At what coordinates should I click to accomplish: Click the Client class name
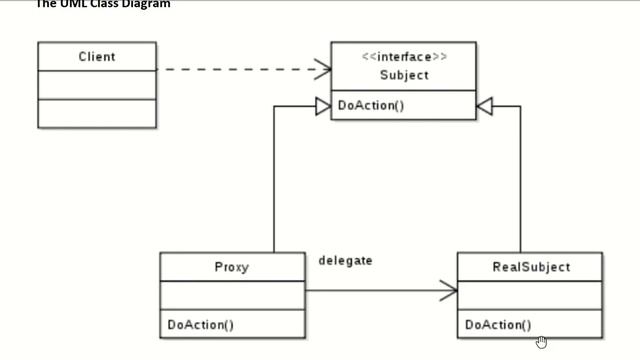pyautogui.click(x=97, y=57)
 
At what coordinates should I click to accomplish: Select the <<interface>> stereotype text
pyautogui.click(x=404, y=57)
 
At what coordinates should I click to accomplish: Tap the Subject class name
pyautogui.click(x=404, y=75)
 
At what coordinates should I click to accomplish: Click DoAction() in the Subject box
pyautogui.click(x=371, y=105)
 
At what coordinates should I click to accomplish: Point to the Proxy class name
pyautogui.click(x=232, y=267)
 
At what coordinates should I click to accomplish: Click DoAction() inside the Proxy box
pyautogui.click(x=200, y=324)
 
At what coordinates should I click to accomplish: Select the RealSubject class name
pyautogui.click(x=531, y=267)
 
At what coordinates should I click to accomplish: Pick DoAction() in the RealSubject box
pyautogui.click(x=498, y=324)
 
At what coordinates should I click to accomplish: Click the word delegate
pyautogui.click(x=345, y=260)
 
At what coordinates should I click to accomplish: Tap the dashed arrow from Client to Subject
pyautogui.click(x=240, y=69)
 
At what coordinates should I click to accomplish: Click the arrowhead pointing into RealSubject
pyautogui.click(x=448, y=292)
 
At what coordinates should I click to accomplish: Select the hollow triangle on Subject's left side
pyautogui.click(x=322, y=105)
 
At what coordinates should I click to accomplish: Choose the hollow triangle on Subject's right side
pyautogui.click(x=485, y=105)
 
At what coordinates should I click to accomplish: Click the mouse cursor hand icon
pyautogui.click(x=542, y=342)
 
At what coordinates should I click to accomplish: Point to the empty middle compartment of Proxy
pyautogui.click(x=232, y=295)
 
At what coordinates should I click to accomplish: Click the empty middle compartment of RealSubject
pyautogui.click(x=531, y=295)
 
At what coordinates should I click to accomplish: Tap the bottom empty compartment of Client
pyautogui.click(x=97, y=113)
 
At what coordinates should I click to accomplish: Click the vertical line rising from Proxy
pyautogui.click(x=274, y=180)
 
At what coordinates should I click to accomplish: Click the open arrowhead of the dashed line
pyautogui.click(x=323, y=69)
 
